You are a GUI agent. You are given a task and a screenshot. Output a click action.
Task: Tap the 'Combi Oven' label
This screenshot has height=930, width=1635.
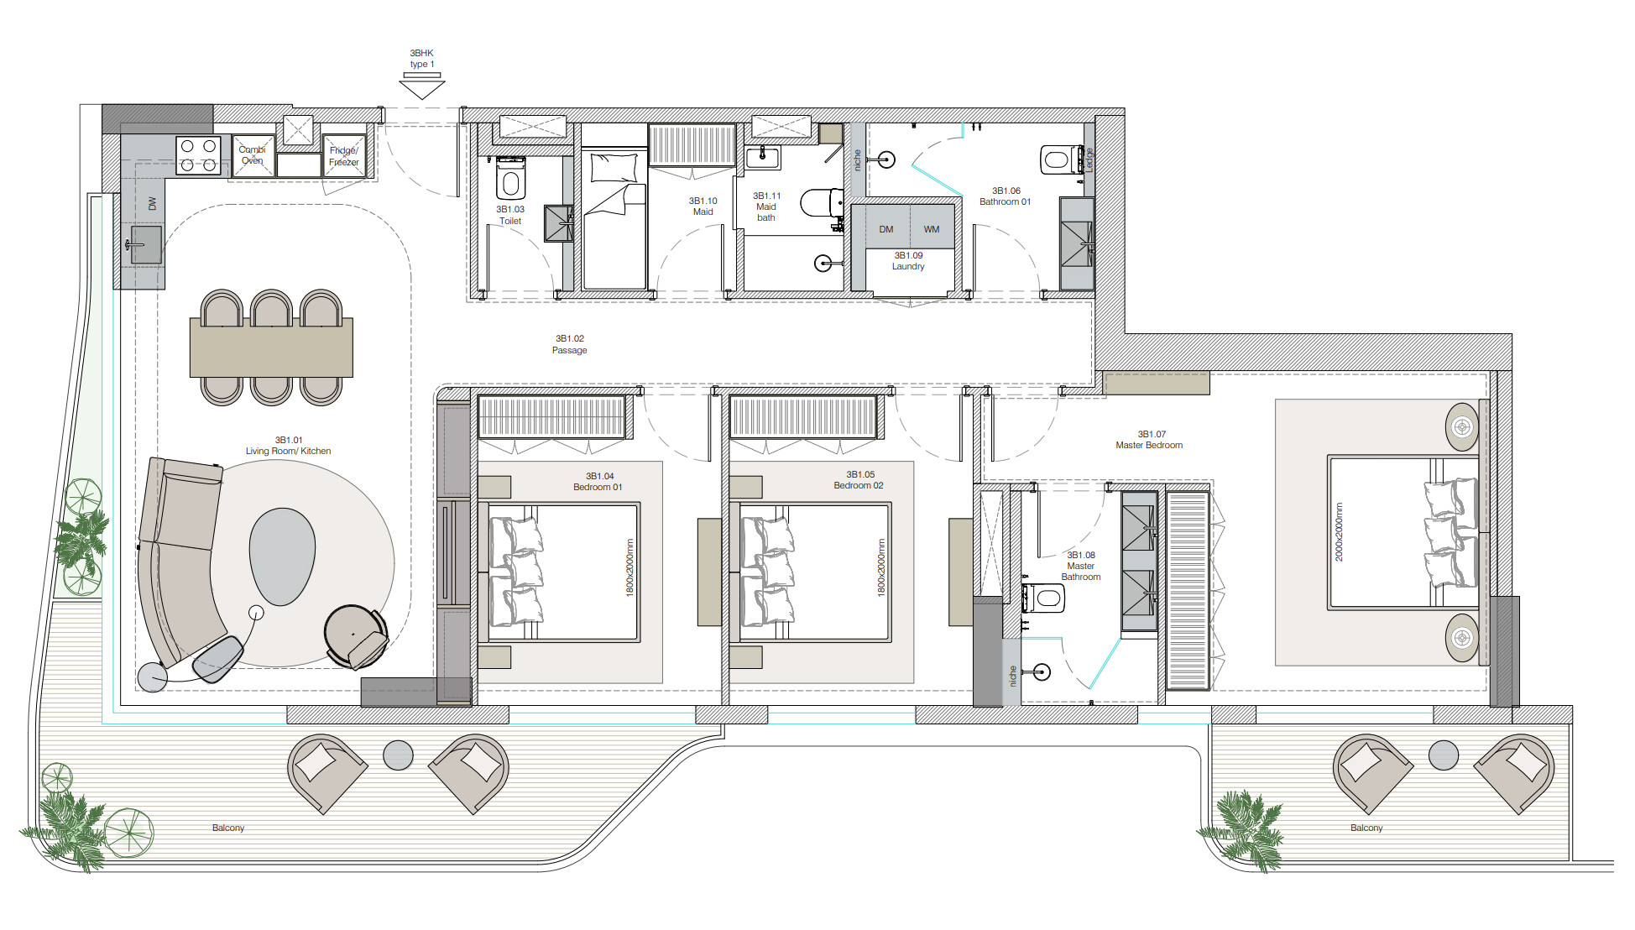[252, 155]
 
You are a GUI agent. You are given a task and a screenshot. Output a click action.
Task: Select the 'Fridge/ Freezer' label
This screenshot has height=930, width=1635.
[344, 156]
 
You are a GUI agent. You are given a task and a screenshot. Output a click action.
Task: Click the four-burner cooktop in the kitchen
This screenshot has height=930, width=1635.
[199, 155]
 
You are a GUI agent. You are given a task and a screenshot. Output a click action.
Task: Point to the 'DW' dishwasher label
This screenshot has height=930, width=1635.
[152, 204]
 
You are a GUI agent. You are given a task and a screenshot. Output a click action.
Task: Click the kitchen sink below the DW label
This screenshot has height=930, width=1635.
[145, 244]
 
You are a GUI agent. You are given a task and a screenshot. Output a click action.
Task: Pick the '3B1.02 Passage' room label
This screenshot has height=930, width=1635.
[570, 344]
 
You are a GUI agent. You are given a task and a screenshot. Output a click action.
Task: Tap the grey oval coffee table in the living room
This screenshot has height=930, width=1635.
[282, 556]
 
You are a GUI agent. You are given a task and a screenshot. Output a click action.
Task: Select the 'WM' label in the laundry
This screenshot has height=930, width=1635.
[932, 229]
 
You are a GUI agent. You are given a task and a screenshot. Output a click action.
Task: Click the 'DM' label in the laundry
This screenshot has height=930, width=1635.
[886, 229]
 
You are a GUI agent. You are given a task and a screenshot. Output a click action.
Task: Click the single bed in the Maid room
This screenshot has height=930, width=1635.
[614, 220]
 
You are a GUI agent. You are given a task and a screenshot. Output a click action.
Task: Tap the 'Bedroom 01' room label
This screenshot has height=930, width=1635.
[598, 487]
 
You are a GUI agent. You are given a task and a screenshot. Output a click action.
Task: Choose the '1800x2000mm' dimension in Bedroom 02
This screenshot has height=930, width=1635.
[881, 567]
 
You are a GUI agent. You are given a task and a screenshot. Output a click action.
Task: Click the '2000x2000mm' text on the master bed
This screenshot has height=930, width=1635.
[1339, 532]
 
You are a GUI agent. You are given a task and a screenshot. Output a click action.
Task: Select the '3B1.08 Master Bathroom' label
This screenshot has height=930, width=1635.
[1081, 566]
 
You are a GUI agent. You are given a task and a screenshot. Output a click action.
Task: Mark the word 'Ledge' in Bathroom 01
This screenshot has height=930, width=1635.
[1089, 159]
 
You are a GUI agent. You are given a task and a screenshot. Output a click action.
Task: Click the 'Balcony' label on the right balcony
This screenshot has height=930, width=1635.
[1366, 828]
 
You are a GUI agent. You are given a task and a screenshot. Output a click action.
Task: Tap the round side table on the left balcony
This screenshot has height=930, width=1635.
[398, 755]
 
